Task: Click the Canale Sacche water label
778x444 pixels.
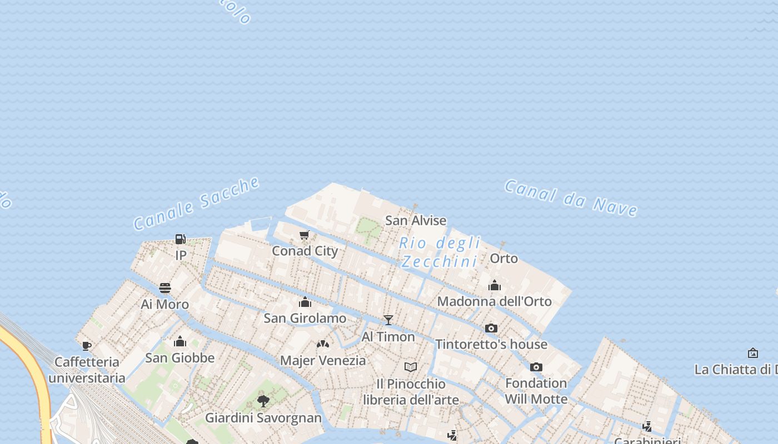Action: click(x=197, y=203)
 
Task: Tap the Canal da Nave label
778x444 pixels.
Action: click(x=571, y=198)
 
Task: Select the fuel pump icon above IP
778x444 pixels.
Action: click(x=181, y=239)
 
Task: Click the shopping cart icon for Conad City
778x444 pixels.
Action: click(x=305, y=235)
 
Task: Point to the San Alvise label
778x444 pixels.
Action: click(x=416, y=220)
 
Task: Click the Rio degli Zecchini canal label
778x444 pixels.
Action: click(x=440, y=252)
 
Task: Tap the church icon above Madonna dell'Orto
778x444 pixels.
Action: click(x=495, y=286)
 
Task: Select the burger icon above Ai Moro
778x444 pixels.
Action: click(x=165, y=288)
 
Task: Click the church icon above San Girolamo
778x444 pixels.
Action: click(x=305, y=302)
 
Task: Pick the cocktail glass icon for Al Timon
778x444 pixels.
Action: click(x=388, y=320)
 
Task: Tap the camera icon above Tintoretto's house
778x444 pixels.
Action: click(x=491, y=329)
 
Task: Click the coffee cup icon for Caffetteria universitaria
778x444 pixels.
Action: click(x=87, y=346)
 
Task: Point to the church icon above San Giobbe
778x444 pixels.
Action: click(x=180, y=341)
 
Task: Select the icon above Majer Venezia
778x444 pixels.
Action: click(x=323, y=345)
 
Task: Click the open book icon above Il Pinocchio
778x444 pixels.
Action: click(x=411, y=367)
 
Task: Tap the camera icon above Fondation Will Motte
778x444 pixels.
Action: click(x=536, y=367)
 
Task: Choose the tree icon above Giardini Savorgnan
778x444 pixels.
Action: click(x=263, y=401)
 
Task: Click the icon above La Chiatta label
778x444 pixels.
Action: click(x=753, y=353)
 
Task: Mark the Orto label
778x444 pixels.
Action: click(x=503, y=258)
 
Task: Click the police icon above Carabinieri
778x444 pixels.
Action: click(x=647, y=427)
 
